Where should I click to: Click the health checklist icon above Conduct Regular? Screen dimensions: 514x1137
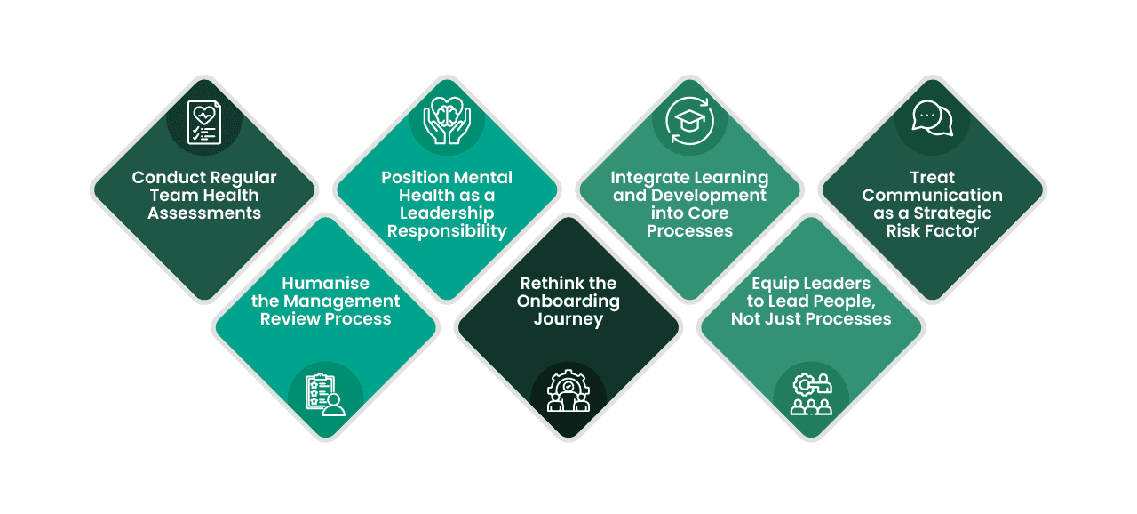(x=203, y=123)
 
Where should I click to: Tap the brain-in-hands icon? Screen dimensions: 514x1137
(x=447, y=119)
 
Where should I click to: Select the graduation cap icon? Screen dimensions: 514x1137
(x=689, y=123)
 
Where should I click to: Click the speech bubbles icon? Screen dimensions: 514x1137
(x=932, y=117)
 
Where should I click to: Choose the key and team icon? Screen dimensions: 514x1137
(x=811, y=395)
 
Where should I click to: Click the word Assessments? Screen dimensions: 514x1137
(x=204, y=213)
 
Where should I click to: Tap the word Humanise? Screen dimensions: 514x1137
(x=325, y=284)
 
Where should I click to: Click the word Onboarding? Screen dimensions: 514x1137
(x=568, y=301)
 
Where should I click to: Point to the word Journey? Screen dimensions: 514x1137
(x=568, y=318)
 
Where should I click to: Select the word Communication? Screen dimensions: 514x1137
(x=932, y=195)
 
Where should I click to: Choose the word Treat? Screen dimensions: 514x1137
(x=932, y=177)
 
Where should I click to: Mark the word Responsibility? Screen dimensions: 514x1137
(x=447, y=230)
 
